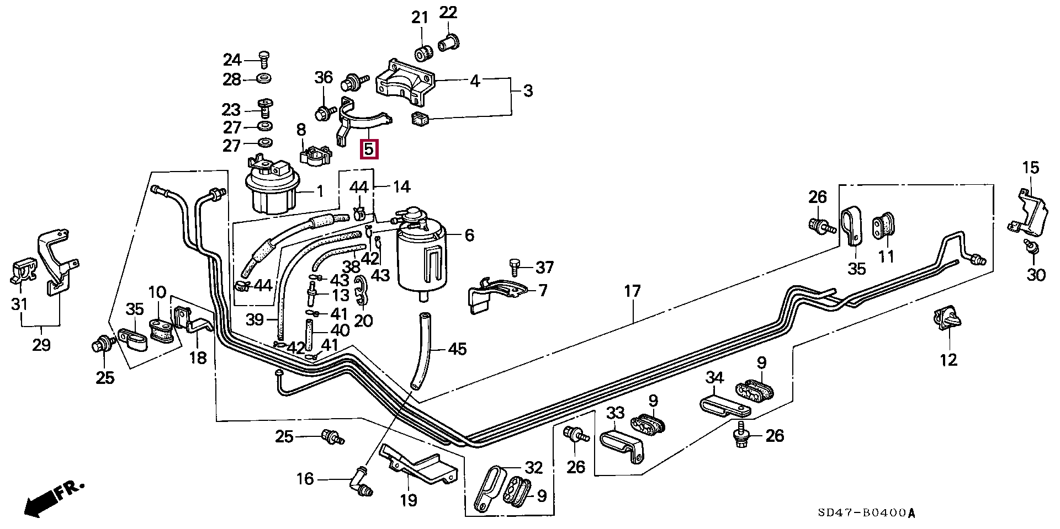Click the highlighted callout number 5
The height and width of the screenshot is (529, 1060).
(x=369, y=149)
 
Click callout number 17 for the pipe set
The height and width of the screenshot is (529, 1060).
(x=632, y=291)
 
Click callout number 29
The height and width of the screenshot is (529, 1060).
(x=41, y=346)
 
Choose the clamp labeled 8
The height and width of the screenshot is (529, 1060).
(x=315, y=155)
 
